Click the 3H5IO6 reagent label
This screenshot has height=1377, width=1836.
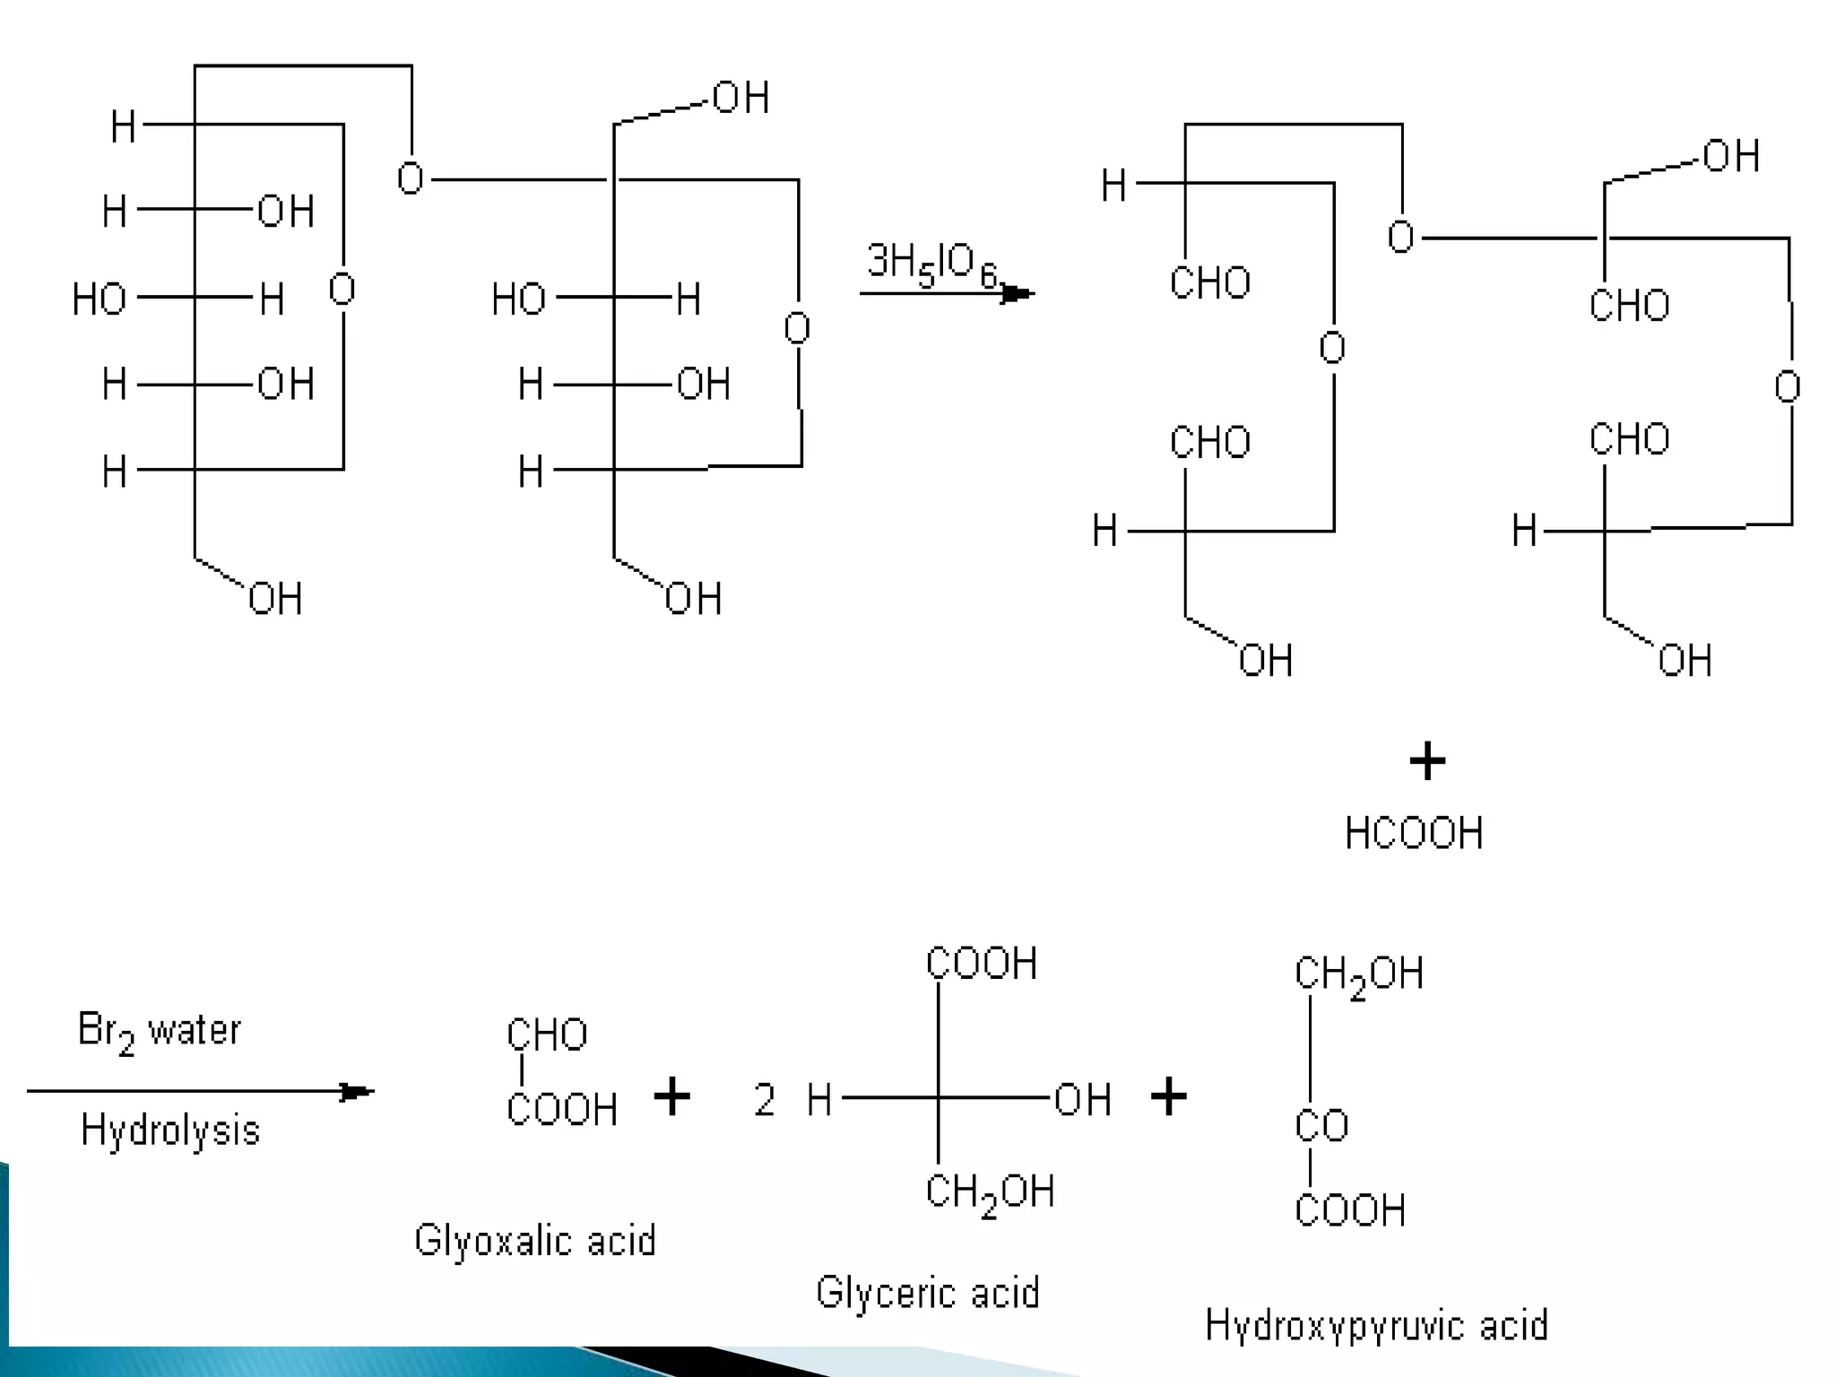pos(932,265)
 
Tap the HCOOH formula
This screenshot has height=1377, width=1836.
pos(1414,833)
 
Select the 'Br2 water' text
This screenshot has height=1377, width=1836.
pos(159,1031)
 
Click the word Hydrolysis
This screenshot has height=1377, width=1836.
pos(170,1130)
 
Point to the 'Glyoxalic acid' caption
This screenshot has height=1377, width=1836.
pos(535,1241)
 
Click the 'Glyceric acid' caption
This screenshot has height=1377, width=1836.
pos(928,1293)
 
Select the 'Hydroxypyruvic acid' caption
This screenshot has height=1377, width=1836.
pos(1376,1325)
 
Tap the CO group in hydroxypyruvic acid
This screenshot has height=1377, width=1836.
pos(1321,1126)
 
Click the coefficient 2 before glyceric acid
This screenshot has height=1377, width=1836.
pos(764,1100)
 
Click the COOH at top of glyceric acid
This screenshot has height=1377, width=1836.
pos(982,964)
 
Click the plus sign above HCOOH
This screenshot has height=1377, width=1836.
pos(1427,762)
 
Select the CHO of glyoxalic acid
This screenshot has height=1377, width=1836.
pos(547,1035)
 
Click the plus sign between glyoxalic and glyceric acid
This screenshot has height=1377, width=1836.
pos(671,1096)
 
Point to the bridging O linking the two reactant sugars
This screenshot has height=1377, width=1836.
pos(411,178)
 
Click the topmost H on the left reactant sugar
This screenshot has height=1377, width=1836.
pos(123,127)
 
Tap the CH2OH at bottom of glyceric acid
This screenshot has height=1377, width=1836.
pos(990,1193)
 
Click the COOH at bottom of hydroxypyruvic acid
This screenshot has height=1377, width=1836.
pos(1350,1210)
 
